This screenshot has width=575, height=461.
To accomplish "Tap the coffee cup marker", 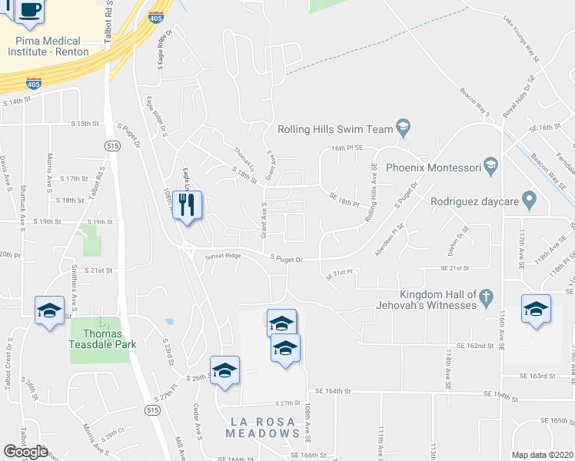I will point(29,10).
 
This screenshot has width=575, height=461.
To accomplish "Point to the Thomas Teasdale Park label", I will point(104,339).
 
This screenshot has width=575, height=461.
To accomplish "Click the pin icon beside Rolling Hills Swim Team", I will point(402,126).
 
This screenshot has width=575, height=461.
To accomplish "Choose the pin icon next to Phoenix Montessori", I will point(491,166).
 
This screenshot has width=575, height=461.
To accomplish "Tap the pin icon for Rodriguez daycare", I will point(528,201).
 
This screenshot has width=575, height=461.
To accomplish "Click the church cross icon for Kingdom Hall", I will point(486,297).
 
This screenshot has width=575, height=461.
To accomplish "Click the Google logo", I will point(26,452).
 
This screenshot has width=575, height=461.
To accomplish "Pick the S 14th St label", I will point(18,101).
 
